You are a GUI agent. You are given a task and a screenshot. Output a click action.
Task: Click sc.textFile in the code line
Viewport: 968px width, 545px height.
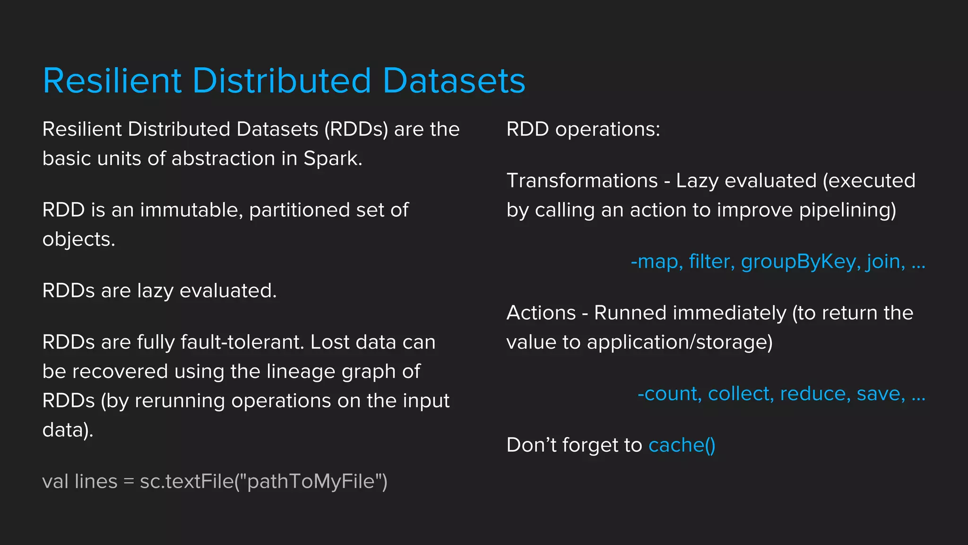click(x=187, y=482)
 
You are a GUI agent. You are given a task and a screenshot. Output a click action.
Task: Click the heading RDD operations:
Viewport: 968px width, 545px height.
click(x=583, y=129)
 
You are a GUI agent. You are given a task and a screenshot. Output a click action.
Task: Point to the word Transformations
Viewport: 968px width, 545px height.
click(x=582, y=181)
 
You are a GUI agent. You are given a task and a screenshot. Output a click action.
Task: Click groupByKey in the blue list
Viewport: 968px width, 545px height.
click(x=798, y=262)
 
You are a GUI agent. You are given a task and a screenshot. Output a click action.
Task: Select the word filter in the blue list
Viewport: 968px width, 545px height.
click(x=711, y=262)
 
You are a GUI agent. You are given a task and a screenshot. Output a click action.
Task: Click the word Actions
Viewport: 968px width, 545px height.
click(x=541, y=313)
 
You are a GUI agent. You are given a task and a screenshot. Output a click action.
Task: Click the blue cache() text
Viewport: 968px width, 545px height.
click(x=682, y=445)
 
